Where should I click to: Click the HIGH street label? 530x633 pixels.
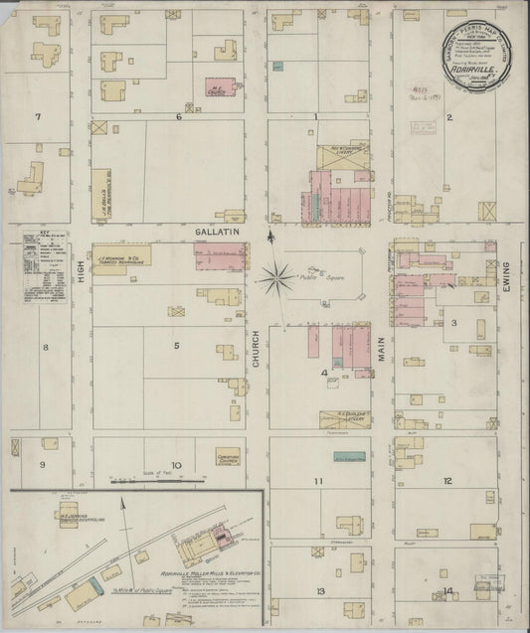[x=81, y=285]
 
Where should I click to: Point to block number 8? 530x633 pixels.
[x=45, y=347]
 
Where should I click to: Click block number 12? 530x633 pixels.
[x=447, y=480]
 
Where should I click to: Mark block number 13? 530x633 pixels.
[x=320, y=590]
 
